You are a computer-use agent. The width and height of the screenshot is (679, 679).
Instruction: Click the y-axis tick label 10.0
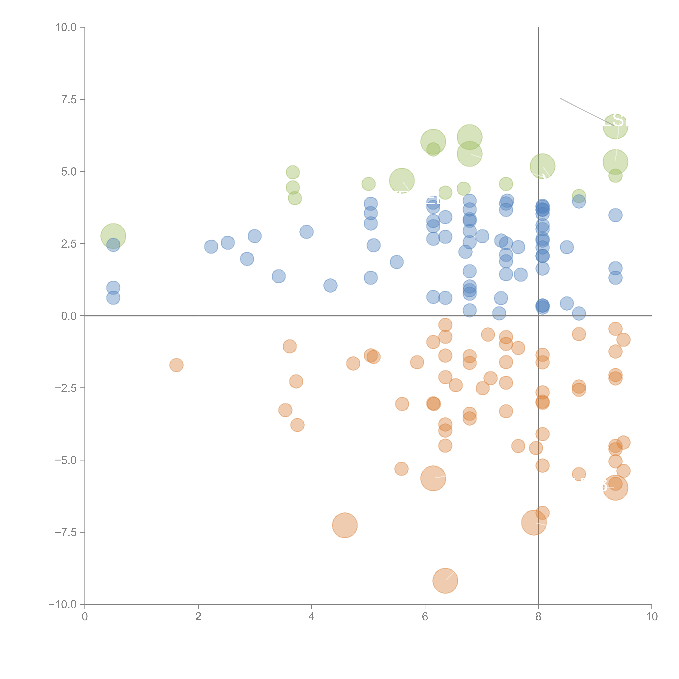pos(66,27)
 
